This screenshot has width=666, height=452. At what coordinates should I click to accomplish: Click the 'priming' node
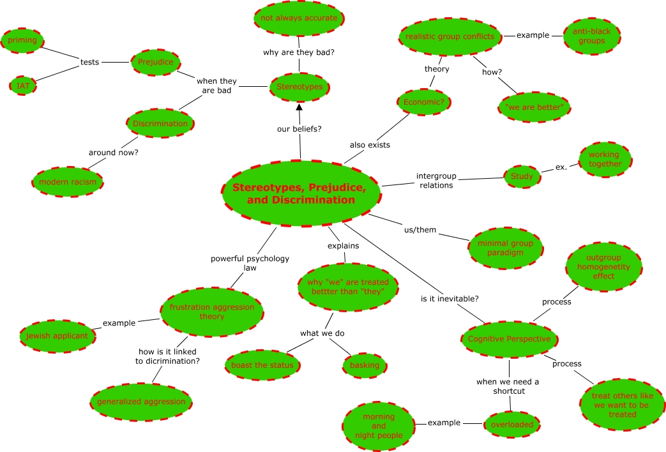[x=22, y=40]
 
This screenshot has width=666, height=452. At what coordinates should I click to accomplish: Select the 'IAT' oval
[x=23, y=86]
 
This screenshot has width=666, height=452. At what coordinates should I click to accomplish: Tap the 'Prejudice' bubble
[x=155, y=62]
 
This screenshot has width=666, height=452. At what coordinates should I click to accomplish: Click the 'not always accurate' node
[x=299, y=19]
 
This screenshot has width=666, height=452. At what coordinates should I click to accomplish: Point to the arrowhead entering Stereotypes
[x=299, y=107]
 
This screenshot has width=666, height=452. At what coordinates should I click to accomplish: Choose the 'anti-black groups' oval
[x=592, y=36]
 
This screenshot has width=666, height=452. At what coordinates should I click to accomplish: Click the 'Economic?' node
[x=424, y=102]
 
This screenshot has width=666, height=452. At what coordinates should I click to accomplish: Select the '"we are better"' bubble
[x=534, y=107]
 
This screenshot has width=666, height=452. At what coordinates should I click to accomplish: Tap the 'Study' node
[x=522, y=176]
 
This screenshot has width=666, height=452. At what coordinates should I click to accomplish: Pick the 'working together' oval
[x=605, y=160]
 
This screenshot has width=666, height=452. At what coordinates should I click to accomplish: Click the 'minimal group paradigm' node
[x=506, y=248]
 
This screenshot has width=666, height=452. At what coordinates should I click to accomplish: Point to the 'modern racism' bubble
[x=68, y=182]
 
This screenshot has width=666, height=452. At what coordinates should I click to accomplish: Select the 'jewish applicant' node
[x=57, y=336]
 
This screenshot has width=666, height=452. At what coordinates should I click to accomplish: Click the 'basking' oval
[x=365, y=365]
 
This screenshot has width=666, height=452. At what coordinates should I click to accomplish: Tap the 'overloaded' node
[x=512, y=425]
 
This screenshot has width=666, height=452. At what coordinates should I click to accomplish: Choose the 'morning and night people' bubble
[x=379, y=426]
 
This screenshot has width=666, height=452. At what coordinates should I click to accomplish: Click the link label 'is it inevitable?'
[x=450, y=299]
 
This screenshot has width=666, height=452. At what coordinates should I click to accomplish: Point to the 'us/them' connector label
[x=420, y=230]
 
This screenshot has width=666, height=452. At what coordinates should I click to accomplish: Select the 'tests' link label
[x=89, y=62]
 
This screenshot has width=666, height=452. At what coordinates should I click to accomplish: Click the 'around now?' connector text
[x=114, y=153]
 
